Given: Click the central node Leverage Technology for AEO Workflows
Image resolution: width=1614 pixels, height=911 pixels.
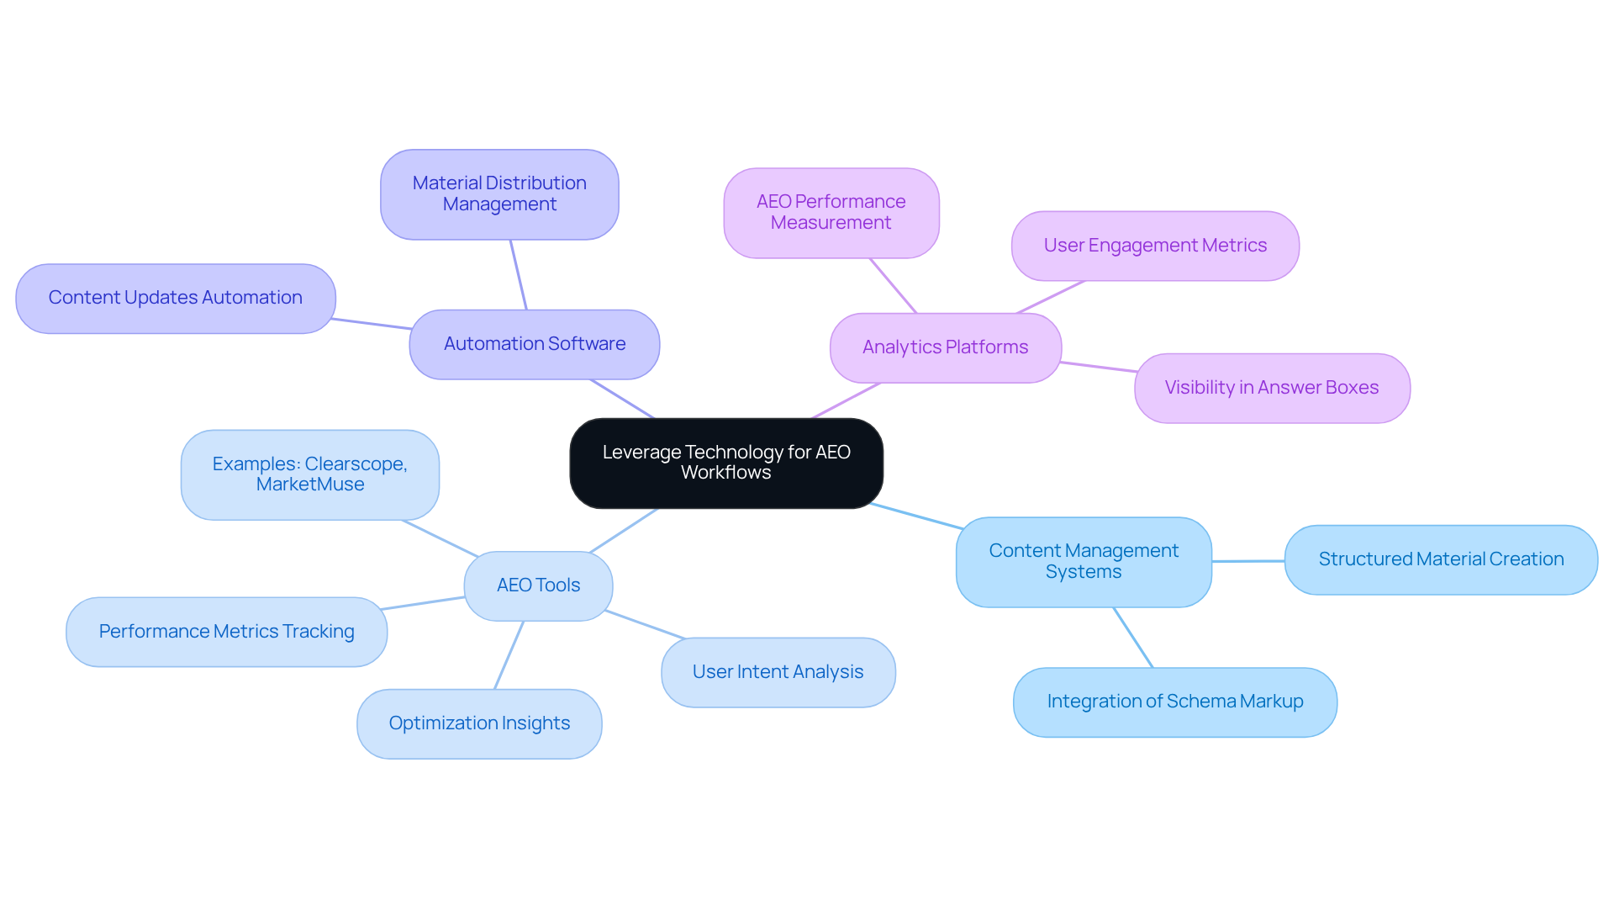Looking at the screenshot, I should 726,463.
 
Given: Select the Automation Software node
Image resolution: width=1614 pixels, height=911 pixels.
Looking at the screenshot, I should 535,344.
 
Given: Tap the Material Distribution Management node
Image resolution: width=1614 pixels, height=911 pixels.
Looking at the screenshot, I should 499,194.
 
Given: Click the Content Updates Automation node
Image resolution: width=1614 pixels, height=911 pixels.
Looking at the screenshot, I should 176,298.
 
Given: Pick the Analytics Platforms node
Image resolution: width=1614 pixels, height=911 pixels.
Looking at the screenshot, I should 945,347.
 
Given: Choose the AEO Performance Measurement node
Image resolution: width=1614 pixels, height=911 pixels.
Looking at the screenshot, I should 831,212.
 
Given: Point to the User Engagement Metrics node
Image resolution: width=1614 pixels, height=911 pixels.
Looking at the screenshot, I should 1155,246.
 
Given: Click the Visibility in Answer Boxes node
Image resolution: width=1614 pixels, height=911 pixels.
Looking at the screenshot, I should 1271,388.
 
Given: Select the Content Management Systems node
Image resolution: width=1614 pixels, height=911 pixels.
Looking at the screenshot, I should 1084,561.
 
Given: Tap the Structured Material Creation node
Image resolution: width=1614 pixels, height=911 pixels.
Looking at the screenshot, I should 1441,559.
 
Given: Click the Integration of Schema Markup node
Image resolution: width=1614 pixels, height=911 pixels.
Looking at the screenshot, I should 1174,702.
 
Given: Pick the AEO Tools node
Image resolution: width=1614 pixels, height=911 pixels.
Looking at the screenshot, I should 538,585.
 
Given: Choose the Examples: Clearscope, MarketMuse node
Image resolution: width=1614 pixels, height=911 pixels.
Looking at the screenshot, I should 309,474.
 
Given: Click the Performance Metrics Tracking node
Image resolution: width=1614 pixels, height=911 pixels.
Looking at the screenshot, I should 226,632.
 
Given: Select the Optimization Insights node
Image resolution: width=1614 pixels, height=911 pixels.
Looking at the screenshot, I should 479,723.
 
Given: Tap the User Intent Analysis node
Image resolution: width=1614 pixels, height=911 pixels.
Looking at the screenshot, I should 778,672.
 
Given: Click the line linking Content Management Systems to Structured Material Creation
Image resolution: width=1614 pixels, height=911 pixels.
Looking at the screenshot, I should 1248,561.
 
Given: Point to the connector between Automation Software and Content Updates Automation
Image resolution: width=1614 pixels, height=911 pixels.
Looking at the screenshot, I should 371,324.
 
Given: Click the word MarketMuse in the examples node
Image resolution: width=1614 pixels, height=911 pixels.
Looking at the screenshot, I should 310,485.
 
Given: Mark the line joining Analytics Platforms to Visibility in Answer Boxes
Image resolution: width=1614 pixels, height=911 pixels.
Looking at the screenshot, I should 1098,367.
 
